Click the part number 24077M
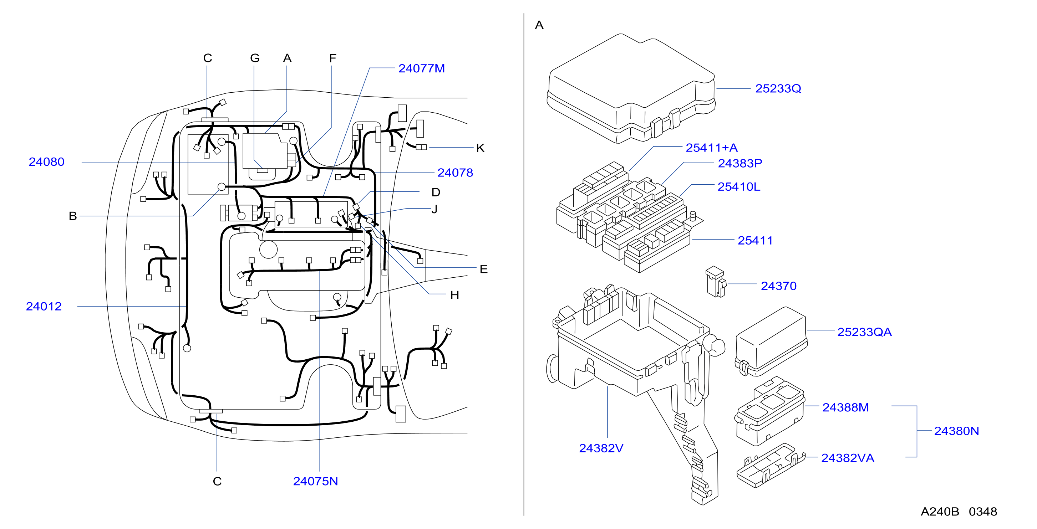pos(422,68)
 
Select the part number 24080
pos(46,162)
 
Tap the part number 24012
pos(44,306)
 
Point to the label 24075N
pos(315,481)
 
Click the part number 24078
pos(455,173)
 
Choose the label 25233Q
pos(778,88)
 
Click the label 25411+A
pos(712,148)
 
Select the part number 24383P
pos(740,163)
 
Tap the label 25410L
pos(739,187)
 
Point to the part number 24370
pos(779,286)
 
